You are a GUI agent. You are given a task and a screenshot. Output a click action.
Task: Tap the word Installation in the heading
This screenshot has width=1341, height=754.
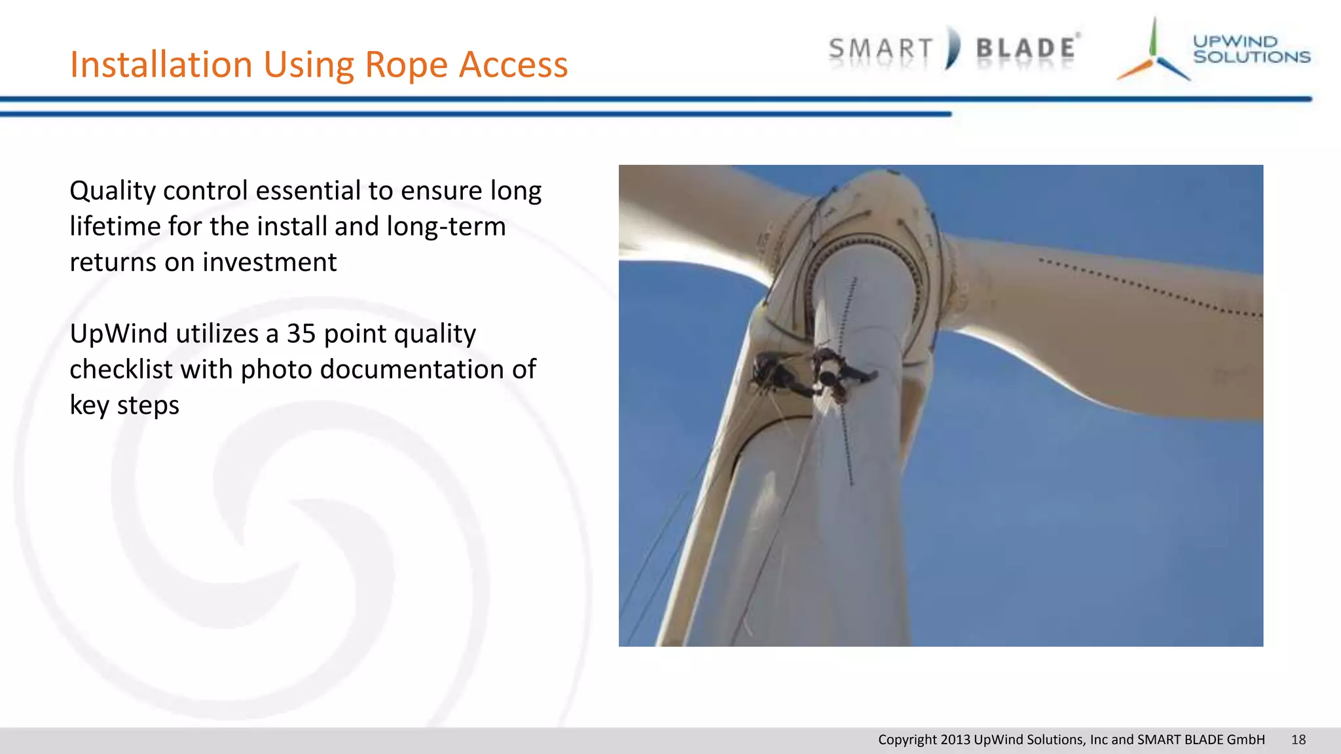(161, 64)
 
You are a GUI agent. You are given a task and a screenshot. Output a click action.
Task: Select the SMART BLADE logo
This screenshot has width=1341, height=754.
(953, 48)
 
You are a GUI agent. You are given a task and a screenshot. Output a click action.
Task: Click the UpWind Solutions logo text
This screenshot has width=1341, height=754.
(1251, 49)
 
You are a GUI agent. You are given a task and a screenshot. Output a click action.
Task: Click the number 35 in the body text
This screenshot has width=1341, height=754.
(301, 334)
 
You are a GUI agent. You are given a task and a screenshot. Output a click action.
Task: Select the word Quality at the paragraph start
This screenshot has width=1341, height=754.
(113, 191)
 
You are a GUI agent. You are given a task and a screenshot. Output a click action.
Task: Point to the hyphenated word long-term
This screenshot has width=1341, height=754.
(446, 226)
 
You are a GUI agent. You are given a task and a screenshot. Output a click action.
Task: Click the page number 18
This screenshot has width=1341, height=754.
(1298, 740)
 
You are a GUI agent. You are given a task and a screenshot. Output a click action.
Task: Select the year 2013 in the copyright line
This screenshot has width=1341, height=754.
(955, 740)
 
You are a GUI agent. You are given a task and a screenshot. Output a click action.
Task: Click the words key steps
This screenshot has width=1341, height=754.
(124, 405)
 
